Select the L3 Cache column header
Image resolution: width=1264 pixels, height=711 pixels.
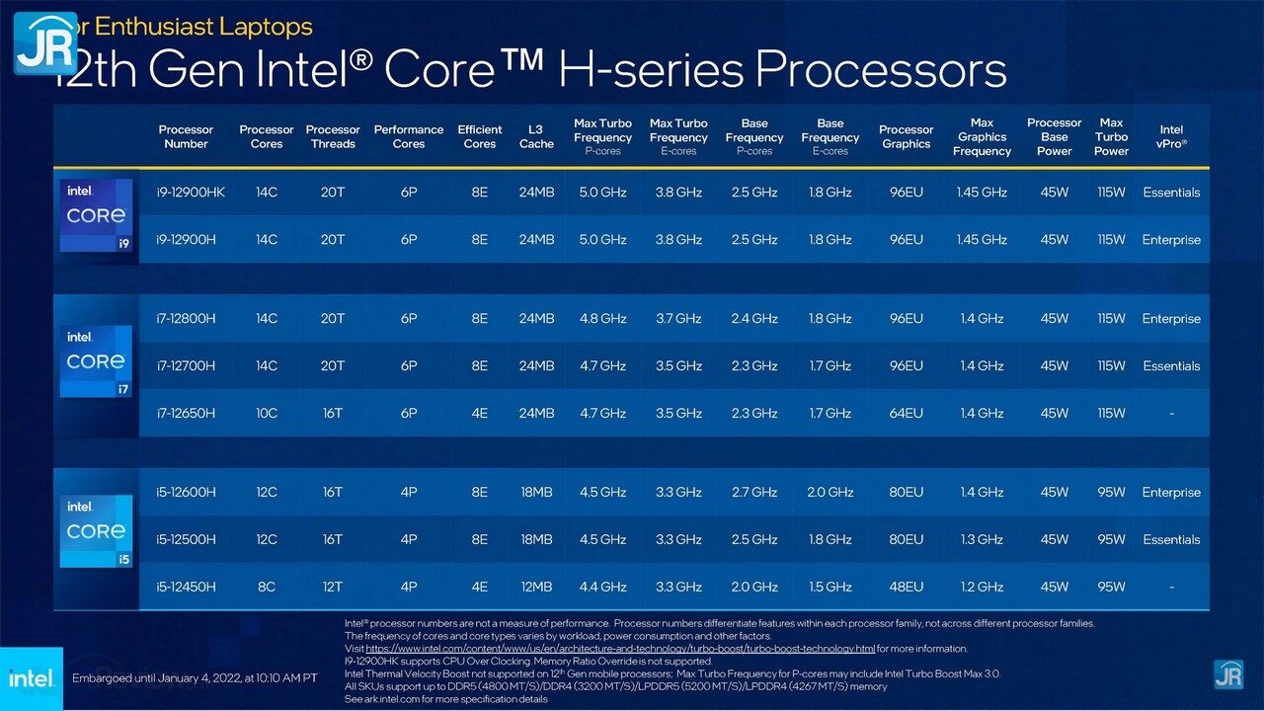536,136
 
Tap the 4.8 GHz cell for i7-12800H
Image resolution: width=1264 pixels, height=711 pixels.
602,319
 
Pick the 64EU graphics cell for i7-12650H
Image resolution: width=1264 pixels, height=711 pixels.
906,413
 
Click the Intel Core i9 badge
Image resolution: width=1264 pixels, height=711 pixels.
96,215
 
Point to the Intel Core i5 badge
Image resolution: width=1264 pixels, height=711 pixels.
96,530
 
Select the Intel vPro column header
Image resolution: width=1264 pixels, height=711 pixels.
1171,136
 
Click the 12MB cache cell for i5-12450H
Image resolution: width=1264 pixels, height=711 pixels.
536,587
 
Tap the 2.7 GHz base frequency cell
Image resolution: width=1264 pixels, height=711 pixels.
753,492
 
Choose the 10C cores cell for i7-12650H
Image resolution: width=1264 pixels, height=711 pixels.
267,413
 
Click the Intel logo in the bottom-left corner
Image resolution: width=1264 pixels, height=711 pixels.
31,678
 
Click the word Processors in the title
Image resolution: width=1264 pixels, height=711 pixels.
881,70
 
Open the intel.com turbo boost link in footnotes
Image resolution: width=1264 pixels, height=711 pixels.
620,649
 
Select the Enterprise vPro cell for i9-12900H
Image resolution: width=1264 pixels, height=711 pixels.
1171,240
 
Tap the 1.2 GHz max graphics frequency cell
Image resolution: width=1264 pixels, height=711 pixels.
982,587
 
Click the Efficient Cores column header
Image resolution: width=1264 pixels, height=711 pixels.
479,136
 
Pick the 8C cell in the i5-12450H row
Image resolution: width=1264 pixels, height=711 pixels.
267,587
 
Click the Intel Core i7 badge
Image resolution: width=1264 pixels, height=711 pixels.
96,361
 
